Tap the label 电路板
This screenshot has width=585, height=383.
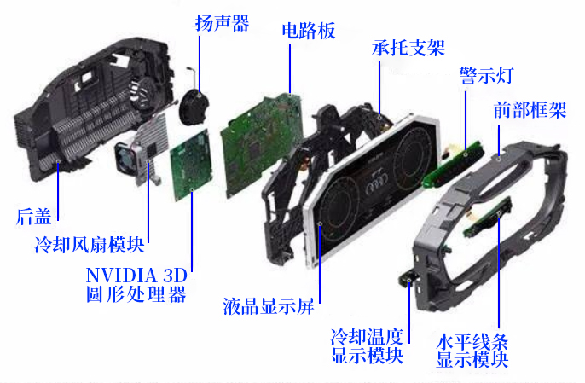[309, 32]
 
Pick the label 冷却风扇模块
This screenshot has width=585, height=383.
[89, 246]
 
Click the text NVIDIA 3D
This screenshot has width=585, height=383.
[136, 276]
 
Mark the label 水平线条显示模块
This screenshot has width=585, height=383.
[472, 351]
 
